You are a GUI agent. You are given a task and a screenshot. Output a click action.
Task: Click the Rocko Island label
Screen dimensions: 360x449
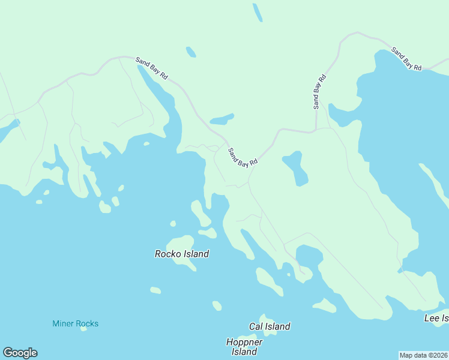coord(182,254)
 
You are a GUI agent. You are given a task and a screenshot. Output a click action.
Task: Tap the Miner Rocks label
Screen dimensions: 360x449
coord(76,324)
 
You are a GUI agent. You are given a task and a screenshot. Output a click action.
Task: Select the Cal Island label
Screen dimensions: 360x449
coord(270,326)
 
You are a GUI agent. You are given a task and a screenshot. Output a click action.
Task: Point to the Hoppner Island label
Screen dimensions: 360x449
coord(244,347)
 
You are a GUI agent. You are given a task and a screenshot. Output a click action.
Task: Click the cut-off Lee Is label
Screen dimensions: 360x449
coord(436,317)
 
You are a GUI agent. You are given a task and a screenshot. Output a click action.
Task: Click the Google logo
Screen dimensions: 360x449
coord(20,353)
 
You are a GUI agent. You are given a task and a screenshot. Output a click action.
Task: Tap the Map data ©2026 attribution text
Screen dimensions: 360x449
coord(423,355)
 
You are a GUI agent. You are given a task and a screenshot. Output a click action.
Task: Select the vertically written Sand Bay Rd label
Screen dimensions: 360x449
coord(319,91)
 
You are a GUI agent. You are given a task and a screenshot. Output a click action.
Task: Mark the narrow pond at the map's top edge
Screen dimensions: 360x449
coord(258,13)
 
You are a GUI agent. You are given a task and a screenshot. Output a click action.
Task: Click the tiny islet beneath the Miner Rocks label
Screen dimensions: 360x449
coord(83,329)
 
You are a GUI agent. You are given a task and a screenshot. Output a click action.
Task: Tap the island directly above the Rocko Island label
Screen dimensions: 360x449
coord(183,241)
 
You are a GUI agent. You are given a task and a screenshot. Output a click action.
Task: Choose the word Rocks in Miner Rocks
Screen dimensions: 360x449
coord(87,324)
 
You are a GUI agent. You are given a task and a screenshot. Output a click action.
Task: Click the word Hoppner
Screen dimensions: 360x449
coord(244,342)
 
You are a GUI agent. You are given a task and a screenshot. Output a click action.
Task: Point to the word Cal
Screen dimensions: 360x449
coord(256,326)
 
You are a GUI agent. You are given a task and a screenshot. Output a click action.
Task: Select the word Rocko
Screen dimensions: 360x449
coord(168,254)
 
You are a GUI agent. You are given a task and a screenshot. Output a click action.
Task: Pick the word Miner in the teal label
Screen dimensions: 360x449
coord(63,324)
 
